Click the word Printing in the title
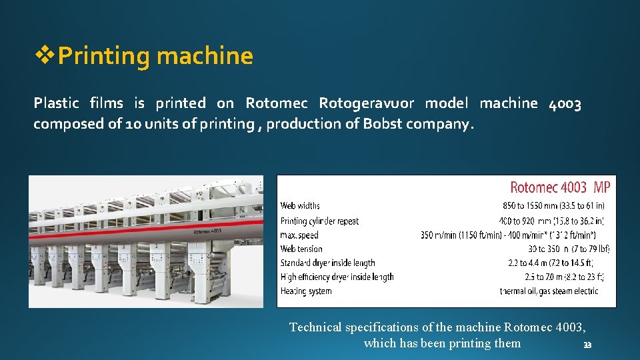(105, 56)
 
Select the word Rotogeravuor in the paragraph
(366, 103)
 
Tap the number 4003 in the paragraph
(565, 103)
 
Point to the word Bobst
(382, 124)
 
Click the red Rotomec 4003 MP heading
(559, 187)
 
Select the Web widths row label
(300, 206)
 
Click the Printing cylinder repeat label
(319, 221)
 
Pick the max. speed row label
(299, 235)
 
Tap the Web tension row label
(301, 249)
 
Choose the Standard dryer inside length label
(327, 263)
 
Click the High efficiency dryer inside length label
(337, 277)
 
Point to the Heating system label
(306, 291)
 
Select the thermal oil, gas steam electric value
(549, 291)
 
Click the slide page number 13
(587, 345)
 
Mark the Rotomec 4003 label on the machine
(208, 231)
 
